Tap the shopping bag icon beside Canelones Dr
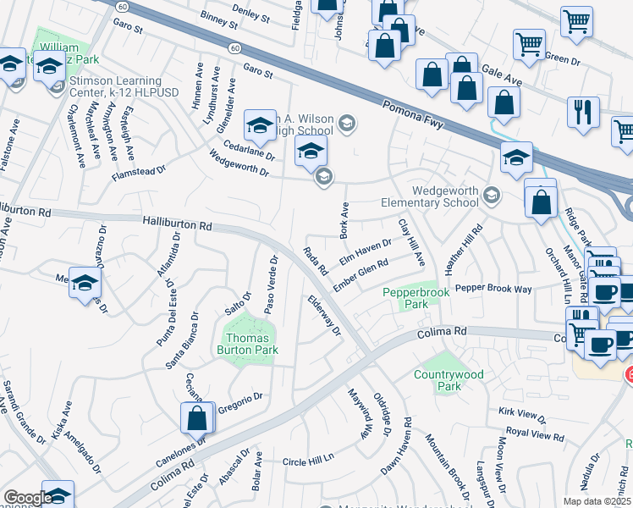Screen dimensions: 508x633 196,418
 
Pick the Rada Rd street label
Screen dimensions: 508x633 316,260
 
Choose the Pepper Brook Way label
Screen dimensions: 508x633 493,289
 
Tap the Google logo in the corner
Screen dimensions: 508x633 28,498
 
